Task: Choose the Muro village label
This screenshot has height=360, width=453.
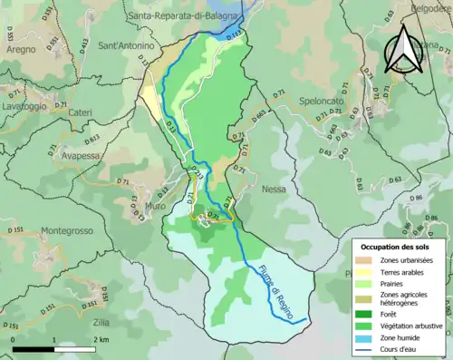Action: tap(155, 206)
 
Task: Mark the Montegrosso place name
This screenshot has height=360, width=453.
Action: tap(66, 231)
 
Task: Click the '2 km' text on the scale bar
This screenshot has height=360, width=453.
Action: tap(100, 339)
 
